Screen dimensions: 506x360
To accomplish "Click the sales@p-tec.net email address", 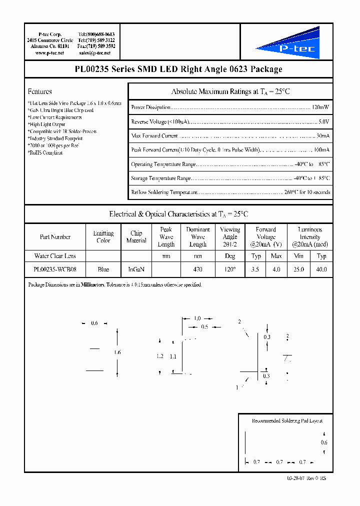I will [96, 52].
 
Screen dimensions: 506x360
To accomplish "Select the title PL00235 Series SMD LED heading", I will [178, 69].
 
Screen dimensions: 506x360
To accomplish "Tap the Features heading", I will [40, 91].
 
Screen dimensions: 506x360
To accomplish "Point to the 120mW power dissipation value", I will [320, 107].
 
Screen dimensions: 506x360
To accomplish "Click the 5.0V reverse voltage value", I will [324, 121].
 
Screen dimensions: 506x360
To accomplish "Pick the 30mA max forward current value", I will [322, 136].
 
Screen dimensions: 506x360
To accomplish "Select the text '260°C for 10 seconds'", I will [307, 192].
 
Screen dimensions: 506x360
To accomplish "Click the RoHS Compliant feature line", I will [45, 152].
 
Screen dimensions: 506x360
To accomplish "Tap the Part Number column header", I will [55, 237].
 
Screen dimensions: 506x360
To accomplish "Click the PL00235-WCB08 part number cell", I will [55, 269].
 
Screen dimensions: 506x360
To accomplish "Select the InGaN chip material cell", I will [136, 269].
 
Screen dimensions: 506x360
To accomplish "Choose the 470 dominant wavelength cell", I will [197, 269].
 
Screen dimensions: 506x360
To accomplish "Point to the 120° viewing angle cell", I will [229, 269].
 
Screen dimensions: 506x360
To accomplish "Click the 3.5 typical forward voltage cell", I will [256, 269].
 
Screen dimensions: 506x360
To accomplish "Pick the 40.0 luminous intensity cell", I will [321, 269].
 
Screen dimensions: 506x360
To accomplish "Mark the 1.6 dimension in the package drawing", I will [117, 352].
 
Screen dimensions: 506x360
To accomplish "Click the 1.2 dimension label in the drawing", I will [160, 356].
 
